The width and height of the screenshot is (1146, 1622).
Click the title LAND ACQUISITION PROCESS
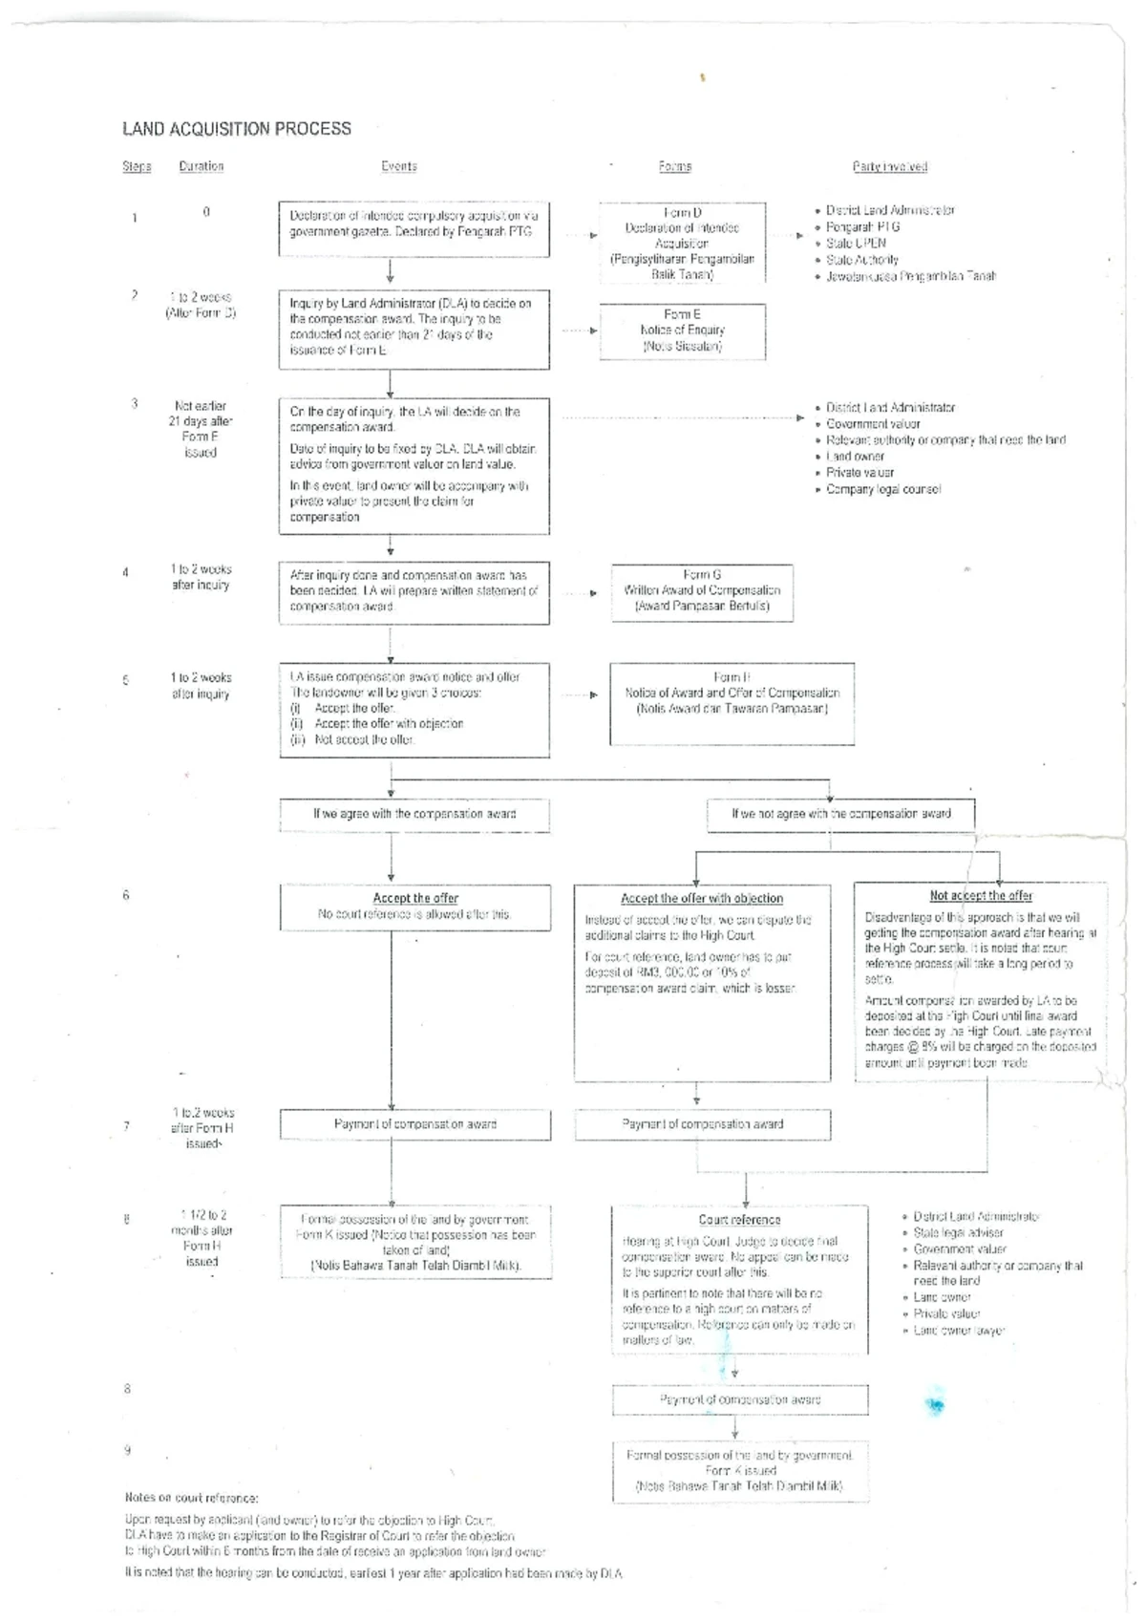coord(237,129)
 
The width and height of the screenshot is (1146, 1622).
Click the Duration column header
coord(202,166)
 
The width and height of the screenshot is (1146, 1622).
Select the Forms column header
coord(675,166)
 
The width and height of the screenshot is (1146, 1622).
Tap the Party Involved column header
coord(890,167)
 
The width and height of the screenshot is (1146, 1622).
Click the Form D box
coord(683,243)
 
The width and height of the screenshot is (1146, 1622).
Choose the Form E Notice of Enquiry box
coord(683,331)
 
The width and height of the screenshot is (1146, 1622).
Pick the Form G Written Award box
coord(702,590)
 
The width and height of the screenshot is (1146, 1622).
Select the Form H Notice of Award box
coord(732,704)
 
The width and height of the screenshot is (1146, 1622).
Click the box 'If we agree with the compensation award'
coord(414,815)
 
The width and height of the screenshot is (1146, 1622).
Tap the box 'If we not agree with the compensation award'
coord(841,815)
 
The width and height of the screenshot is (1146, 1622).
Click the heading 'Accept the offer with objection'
coord(702,899)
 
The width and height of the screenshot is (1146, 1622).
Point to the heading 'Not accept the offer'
coord(981,896)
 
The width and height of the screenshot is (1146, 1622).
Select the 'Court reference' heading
coord(739,1220)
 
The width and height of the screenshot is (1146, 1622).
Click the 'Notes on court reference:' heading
coord(192,1498)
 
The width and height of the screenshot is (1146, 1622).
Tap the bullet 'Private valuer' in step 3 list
coord(859,473)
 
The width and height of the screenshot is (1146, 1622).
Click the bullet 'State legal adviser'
coord(958,1233)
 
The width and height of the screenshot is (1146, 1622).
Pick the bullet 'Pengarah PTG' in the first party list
coord(862,227)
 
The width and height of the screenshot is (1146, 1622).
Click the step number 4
coord(126,573)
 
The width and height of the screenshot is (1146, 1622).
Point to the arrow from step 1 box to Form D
coord(581,234)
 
